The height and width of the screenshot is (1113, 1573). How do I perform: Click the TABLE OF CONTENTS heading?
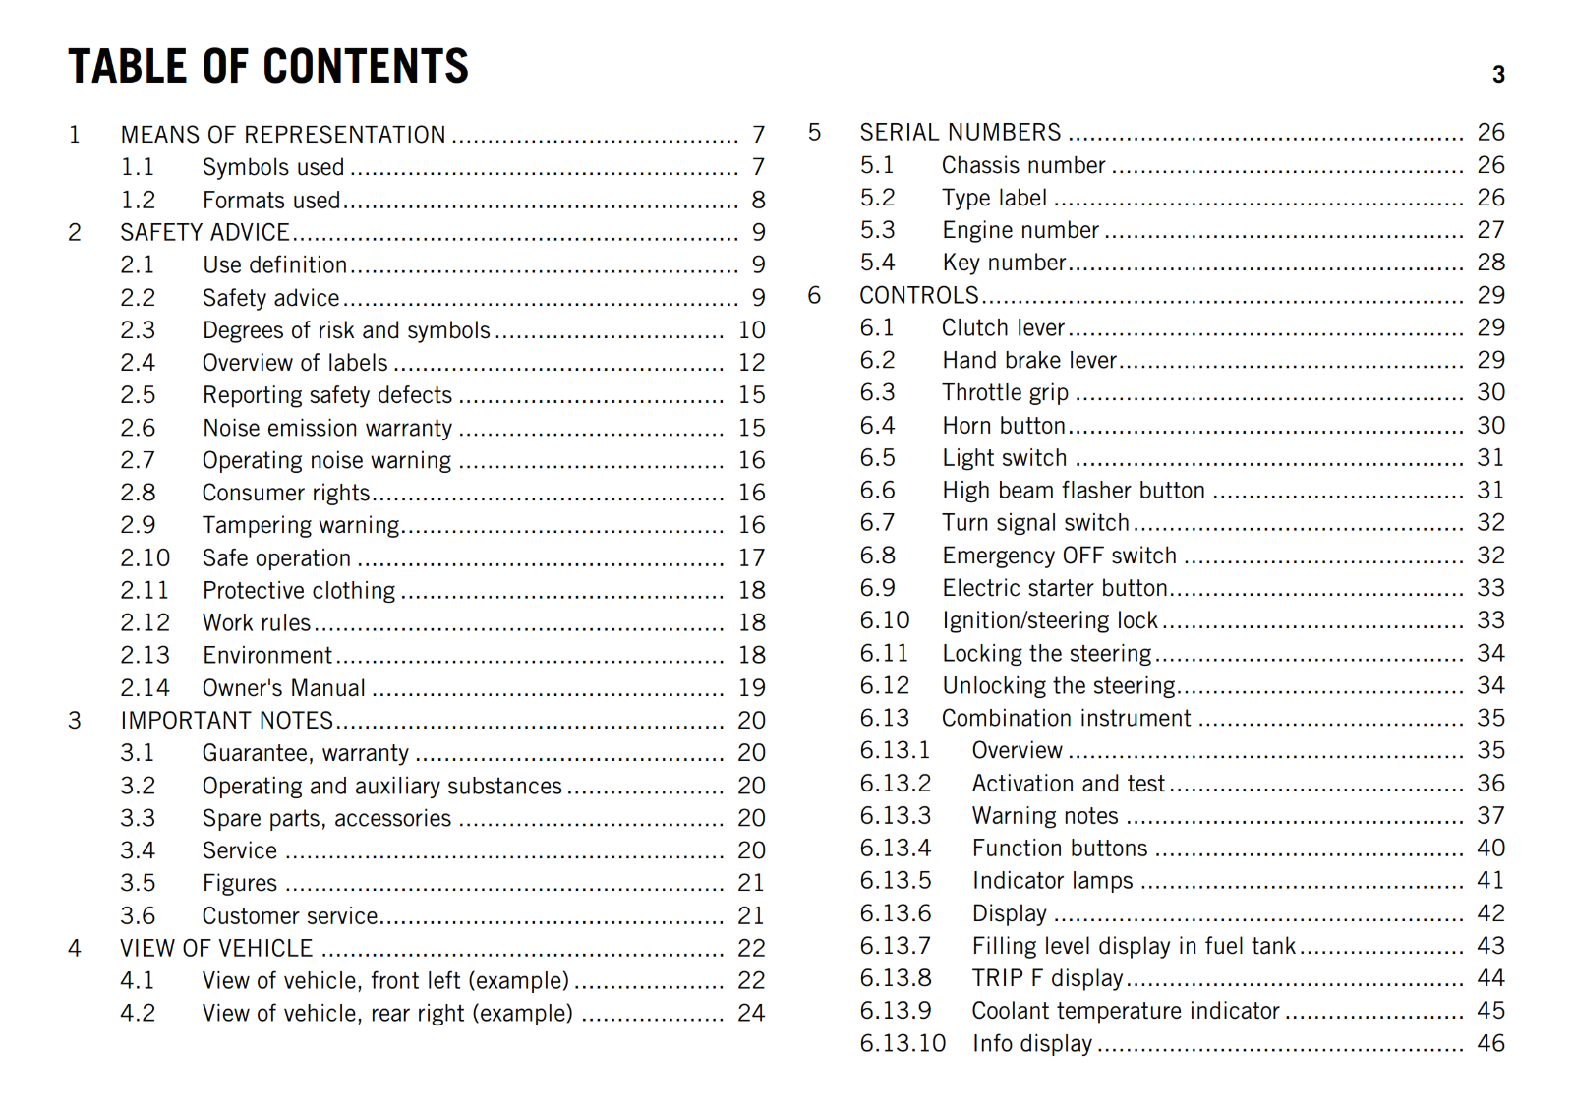pos(268,67)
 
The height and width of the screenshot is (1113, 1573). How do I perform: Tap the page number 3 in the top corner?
pos(1498,75)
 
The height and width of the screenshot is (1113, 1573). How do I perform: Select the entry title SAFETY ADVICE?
pos(204,232)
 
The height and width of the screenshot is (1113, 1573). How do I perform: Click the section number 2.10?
pos(145,558)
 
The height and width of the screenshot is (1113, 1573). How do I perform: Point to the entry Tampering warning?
pos(301,525)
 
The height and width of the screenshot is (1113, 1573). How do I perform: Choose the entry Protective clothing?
pos(299,591)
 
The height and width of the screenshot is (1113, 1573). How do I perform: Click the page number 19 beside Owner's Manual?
pos(752,688)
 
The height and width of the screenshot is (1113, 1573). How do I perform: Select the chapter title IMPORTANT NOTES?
pos(227,721)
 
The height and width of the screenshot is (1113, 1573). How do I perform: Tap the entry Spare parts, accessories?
pos(326,818)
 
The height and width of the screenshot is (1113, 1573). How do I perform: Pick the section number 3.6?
pos(138,916)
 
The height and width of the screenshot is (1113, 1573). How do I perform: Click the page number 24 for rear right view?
pos(751,1014)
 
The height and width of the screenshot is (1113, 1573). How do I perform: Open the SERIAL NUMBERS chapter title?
pos(961,133)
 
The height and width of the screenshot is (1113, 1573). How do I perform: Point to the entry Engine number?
pos(1020,230)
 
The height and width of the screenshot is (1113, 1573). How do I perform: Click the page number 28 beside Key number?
pos(1491,263)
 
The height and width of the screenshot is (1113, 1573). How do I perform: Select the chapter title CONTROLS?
pos(919,295)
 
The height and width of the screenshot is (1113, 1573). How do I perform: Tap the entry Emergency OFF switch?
pos(1059,556)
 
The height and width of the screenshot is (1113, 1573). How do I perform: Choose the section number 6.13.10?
pos(903,1043)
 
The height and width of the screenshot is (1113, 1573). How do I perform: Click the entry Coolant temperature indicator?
pos(1126,1011)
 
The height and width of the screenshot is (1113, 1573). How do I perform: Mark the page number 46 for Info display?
pos(1491,1043)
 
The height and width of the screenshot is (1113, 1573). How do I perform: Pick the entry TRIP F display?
pos(1047,978)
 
